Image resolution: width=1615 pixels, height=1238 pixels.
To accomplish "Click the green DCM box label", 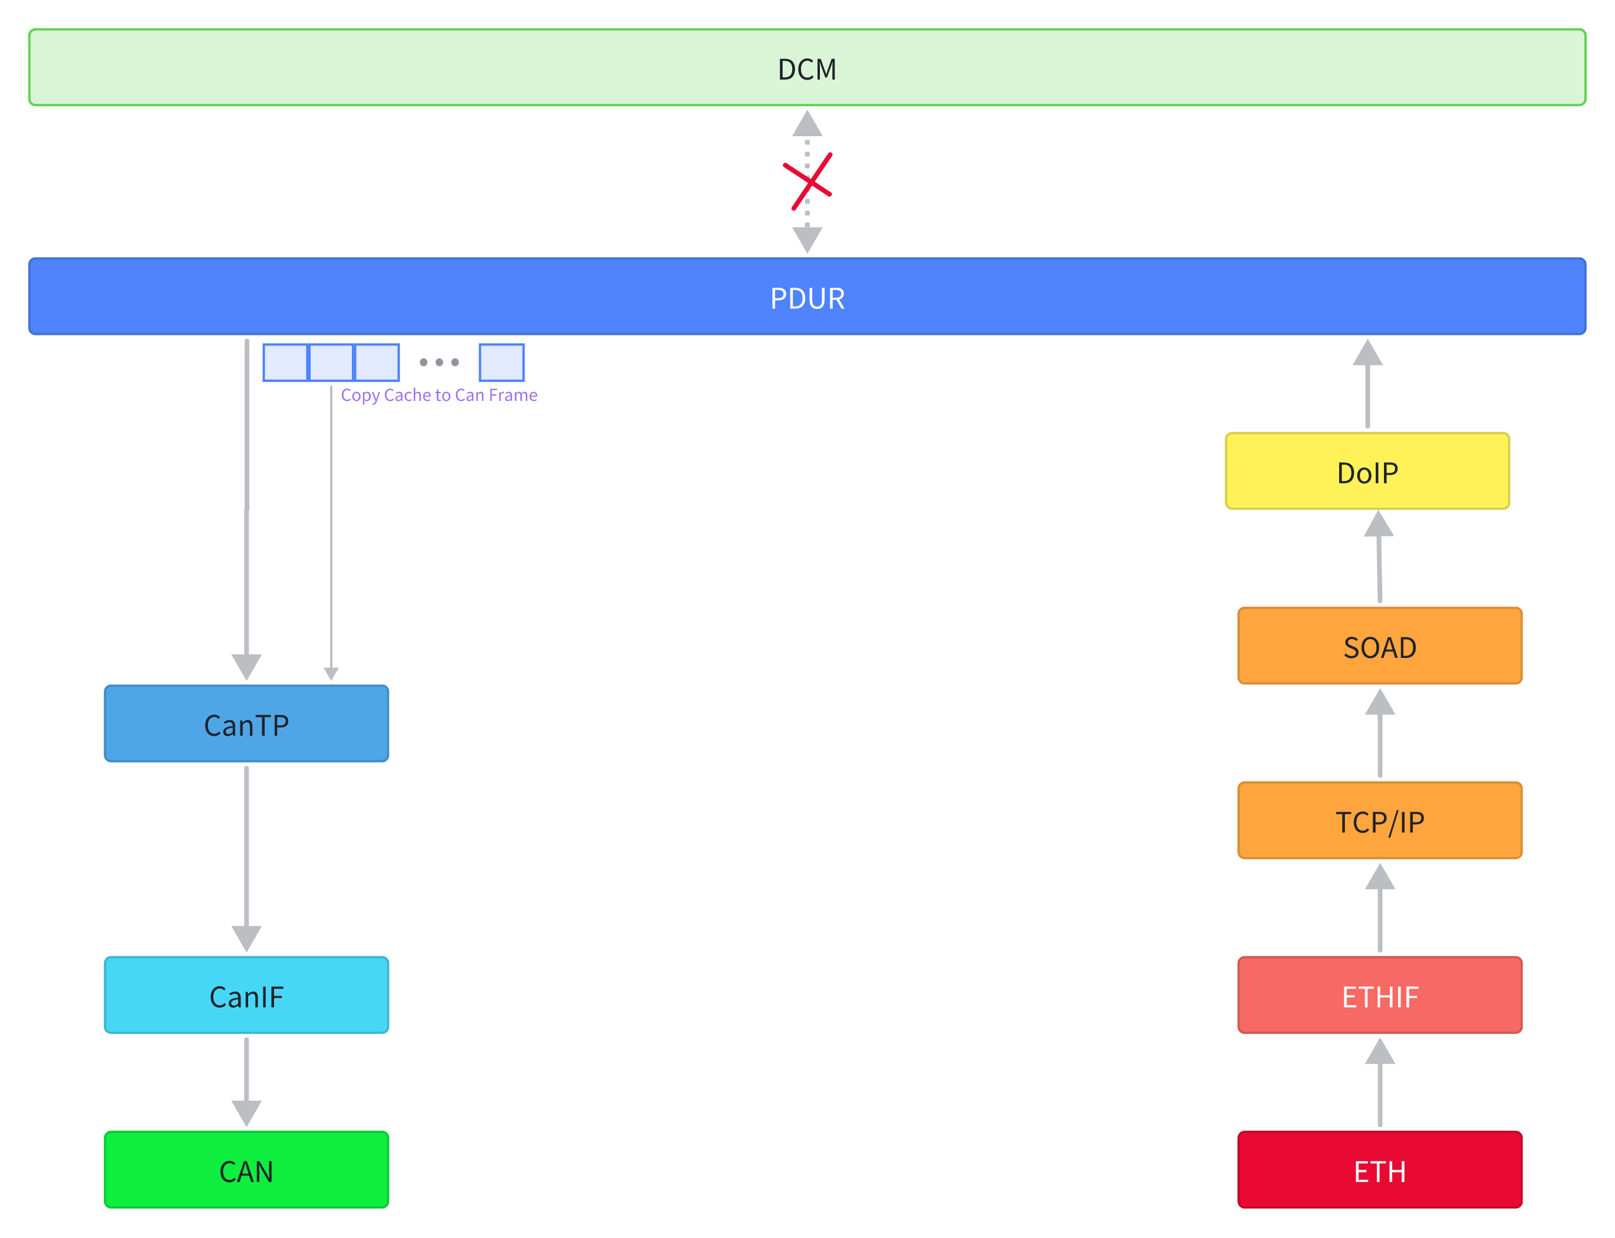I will [x=807, y=70].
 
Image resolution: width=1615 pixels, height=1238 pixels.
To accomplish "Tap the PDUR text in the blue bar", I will [x=807, y=298].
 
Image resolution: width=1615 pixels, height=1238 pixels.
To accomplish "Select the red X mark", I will [x=807, y=182].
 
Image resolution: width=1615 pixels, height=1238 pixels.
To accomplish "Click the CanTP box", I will [x=246, y=725].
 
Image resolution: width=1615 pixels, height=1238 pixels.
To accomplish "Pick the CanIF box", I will [x=246, y=996].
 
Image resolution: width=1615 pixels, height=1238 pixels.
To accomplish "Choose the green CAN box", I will [x=246, y=1170].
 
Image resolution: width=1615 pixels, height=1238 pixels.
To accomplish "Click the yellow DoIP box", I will [x=1367, y=472].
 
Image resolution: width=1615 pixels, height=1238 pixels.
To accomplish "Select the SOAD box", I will [x=1379, y=646].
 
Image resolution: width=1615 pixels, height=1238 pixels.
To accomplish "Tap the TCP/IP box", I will [x=1379, y=821].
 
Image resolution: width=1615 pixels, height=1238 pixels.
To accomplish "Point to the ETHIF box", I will [x=1379, y=996].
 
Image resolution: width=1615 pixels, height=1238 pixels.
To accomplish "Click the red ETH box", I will [x=1379, y=1170].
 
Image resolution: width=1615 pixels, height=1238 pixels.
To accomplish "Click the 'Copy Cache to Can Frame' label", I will [x=439, y=395].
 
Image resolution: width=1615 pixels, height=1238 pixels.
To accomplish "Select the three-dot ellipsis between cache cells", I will [x=439, y=362].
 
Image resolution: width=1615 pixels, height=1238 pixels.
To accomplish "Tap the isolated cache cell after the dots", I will [x=501, y=362].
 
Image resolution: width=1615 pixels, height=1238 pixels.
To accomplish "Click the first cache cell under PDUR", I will [x=285, y=362].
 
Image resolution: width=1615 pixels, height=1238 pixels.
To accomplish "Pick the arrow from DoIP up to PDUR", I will [x=1367, y=383].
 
